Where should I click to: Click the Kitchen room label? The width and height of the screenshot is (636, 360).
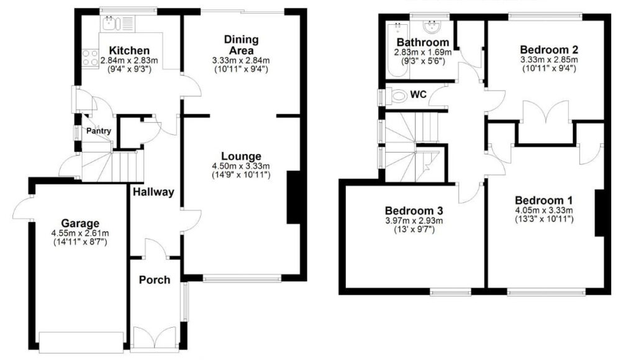tap(129, 51)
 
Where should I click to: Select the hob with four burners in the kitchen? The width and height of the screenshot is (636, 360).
tap(90, 58)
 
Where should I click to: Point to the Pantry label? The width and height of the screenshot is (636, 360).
tap(99, 131)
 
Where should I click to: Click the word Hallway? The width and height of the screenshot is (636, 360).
tap(153, 192)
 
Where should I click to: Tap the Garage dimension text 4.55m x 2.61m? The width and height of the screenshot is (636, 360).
tap(80, 233)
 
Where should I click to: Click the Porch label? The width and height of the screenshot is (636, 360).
tap(155, 280)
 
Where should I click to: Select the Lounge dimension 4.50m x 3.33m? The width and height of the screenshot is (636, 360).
tap(241, 166)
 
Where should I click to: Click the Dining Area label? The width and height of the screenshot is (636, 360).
tap(242, 45)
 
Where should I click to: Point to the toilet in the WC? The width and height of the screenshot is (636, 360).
tap(398, 96)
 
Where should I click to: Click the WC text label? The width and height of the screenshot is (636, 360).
tap(418, 94)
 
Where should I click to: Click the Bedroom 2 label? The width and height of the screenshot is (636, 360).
tap(549, 50)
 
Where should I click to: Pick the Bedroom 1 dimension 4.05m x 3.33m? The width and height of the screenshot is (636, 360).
tap(543, 210)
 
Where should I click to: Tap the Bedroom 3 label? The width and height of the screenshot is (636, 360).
tap(414, 211)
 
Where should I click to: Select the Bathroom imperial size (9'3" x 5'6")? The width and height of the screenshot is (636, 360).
tap(422, 61)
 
